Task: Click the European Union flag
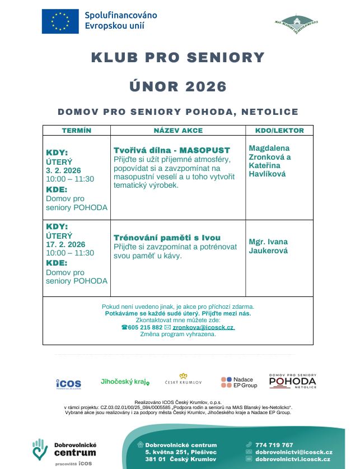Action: tap(59, 21)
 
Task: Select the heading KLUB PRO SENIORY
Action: tap(177, 57)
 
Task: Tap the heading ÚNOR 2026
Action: tap(177, 86)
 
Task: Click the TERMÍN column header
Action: tap(77, 131)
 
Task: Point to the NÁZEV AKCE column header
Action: tap(178, 131)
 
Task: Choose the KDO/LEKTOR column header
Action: tap(279, 131)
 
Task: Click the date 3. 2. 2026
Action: tap(63, 170)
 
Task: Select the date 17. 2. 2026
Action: tap(66, 244)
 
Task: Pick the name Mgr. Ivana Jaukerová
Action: tap(269, 247)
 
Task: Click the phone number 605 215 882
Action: tap(145, 327)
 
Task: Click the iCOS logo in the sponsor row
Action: tap(68, 383)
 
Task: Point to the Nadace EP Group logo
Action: tap(239, 383)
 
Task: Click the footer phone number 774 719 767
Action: tap(274, 445)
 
